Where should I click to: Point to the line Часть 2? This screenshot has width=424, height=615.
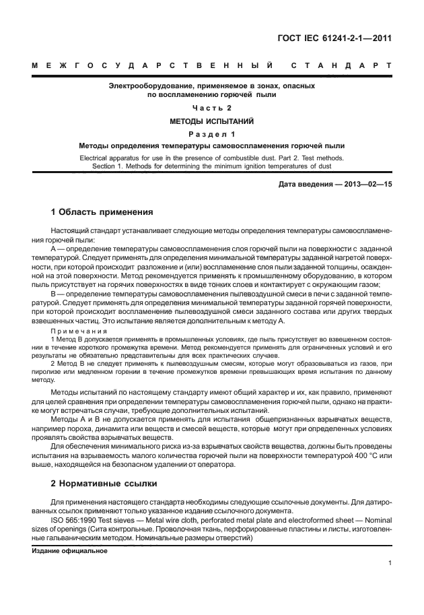212,108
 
